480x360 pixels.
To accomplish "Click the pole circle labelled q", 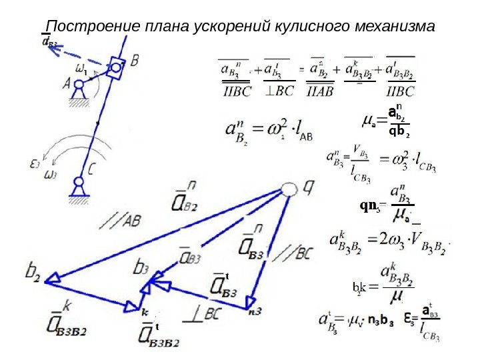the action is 288,190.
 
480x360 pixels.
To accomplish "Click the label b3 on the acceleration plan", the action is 141,268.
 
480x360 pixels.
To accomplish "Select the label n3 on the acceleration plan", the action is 253,311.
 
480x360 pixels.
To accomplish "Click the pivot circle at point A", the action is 79,85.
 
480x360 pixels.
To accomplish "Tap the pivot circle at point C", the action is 79,181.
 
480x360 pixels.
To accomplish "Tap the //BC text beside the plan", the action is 293,253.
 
